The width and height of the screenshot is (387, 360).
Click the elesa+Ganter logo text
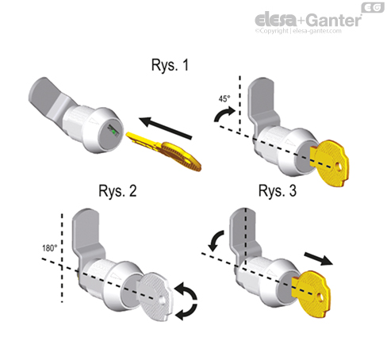[x=306, y=19]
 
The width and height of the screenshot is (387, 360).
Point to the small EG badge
[x=374, y=7]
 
